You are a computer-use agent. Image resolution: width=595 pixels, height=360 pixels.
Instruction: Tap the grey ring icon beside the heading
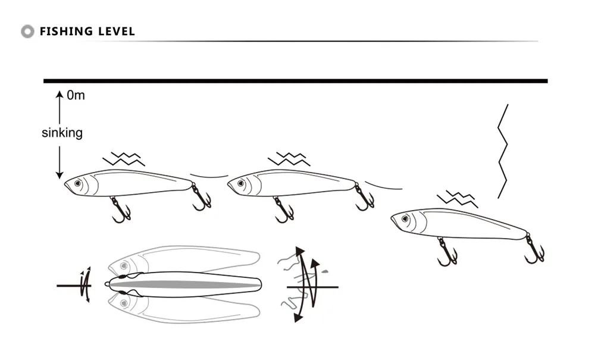(x=27, y=32)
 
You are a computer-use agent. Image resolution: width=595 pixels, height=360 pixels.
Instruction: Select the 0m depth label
(x=76, y=95)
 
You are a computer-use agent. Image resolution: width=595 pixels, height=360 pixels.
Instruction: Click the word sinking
(x=62, y=133)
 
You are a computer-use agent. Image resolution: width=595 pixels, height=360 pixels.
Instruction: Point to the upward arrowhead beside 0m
(x=59, y=94)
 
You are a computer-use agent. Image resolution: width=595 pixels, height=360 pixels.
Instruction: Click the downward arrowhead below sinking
(x=59, y=175)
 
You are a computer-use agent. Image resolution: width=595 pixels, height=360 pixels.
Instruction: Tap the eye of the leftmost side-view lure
(x=78, y=184)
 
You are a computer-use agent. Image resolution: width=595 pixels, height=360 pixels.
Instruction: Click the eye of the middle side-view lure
(x=241, y=184)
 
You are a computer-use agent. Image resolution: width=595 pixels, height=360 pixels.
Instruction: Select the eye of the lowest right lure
(x=405, y=219)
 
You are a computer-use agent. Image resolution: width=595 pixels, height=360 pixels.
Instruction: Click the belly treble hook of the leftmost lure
(x=121, y=210)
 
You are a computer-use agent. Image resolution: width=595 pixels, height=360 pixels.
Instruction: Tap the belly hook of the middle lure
(x=284, y=210)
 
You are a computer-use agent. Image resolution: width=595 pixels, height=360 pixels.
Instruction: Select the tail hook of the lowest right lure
(x=534, y=249)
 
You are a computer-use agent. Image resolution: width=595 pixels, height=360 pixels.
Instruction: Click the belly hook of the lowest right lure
(x=447, y=252)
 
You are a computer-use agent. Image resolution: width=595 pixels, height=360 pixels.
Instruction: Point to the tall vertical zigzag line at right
(x=503, y=151)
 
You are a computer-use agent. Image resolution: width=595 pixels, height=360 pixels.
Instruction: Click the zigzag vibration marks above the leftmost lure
(x=124, y=159)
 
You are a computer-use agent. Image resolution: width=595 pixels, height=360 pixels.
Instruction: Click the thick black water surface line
(x=296, y=81)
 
